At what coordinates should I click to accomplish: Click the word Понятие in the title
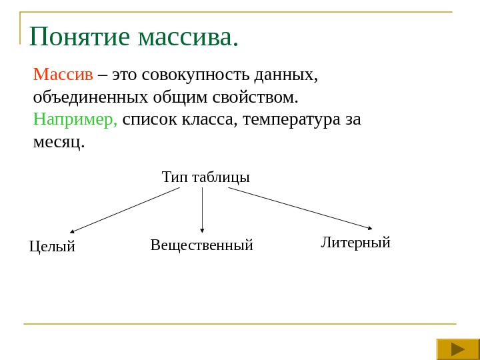pyautogui.click(x=80, y=37)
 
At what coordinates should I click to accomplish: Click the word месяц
pyautogui.click(x=59, y=141)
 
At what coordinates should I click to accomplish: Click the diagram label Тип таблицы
pyautogui.click(x=205, y=177)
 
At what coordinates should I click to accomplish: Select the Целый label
pyautogui.click(x=53, y=247)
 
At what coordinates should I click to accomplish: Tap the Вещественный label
pyautogui.click(x=202, y=245)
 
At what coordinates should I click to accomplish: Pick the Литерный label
pyautogui.click(x=355, y=242)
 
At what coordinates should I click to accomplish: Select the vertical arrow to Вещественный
pyautogui.click(x=202, y=210)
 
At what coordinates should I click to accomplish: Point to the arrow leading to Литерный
pyautogui.click(x=300, y=208)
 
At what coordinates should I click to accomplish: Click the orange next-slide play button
pyautogui.click(x=458, y=349)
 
